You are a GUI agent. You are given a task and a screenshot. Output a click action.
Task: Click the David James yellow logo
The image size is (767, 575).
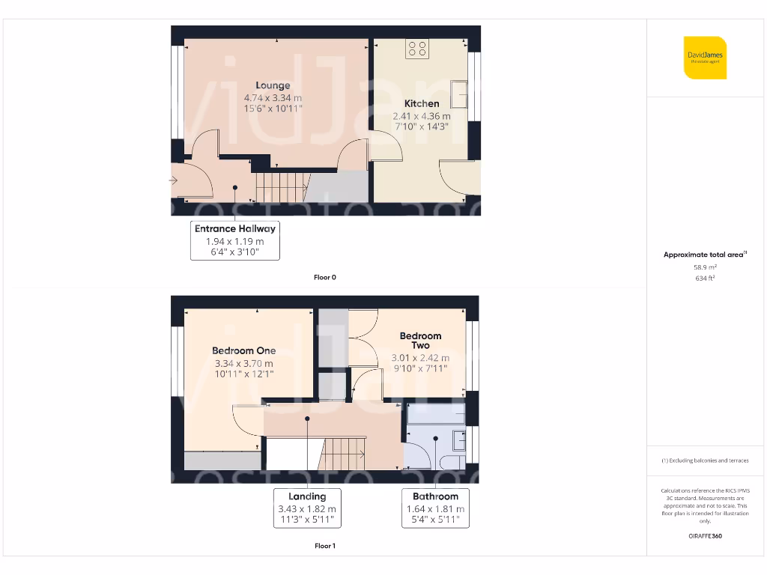point(705,58)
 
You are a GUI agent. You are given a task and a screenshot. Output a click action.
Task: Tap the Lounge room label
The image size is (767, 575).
point(273,85)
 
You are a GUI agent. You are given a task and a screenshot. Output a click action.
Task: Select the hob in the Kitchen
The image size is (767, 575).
point(417,49)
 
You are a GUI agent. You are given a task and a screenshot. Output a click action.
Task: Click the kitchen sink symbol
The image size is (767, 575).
point(458,94)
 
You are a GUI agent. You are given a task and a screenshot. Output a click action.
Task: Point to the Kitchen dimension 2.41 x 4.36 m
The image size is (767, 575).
point(422,116)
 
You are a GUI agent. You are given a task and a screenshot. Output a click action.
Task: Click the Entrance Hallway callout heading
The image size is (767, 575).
point(235,228)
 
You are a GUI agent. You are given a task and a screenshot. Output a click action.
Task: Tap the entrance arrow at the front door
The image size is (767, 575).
point(174,180)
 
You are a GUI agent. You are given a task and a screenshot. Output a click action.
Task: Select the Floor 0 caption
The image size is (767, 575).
point(324,277)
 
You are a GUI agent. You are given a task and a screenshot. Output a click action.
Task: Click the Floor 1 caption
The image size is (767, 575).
point(324,546)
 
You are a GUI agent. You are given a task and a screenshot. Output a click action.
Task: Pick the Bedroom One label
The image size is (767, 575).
point(243,350)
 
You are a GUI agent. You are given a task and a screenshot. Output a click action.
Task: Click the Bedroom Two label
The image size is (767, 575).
point(420,341)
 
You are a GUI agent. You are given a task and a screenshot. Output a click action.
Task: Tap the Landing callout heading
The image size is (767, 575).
point(307,496)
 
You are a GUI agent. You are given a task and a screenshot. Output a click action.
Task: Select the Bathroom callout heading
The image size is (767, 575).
point(435,496)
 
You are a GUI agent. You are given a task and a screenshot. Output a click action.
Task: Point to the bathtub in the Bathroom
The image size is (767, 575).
point(435,414)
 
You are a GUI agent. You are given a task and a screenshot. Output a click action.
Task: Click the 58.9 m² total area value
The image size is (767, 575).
point(705,267)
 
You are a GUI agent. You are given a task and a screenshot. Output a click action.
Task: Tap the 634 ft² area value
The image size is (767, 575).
point(705,278)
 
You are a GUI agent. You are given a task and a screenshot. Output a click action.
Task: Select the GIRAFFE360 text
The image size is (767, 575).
point(705,536)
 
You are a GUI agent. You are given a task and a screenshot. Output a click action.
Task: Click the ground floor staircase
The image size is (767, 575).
point(282,186)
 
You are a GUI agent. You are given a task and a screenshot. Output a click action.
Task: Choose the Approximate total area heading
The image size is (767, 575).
point(704,255)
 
